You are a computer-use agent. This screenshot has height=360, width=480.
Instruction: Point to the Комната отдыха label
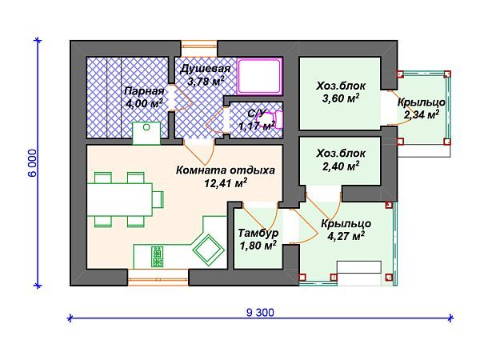tap(226, 170)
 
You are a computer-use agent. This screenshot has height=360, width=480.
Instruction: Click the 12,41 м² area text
tap(226, 182)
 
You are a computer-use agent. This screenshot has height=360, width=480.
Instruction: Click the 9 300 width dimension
tap(258, 313)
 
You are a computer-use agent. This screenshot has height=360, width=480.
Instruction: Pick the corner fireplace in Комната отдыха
tap(210, 250)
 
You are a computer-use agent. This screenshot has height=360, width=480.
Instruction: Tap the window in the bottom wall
tap(158, 278)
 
